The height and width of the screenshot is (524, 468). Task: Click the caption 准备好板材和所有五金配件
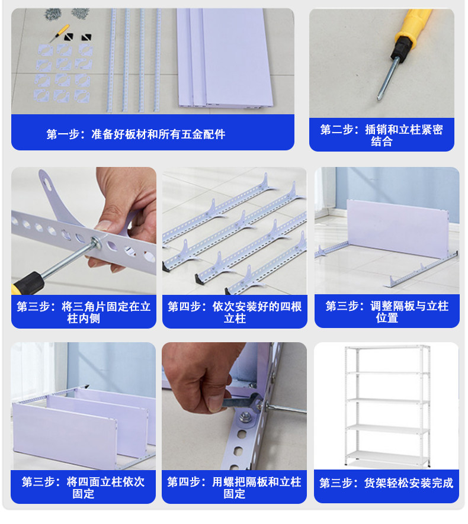pos(158,134)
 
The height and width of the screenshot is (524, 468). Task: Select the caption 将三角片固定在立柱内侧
pos(106,312)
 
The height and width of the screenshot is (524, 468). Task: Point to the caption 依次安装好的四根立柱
pos(257,312)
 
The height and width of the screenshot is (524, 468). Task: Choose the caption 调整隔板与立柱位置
pos(409,311)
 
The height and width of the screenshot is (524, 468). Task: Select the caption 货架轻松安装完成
pos(409,483)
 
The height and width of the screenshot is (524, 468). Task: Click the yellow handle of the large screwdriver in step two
pos(412,22)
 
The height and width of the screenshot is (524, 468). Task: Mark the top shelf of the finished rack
pos(387,348)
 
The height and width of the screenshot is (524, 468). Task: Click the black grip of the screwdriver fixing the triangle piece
pos(28,284)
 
